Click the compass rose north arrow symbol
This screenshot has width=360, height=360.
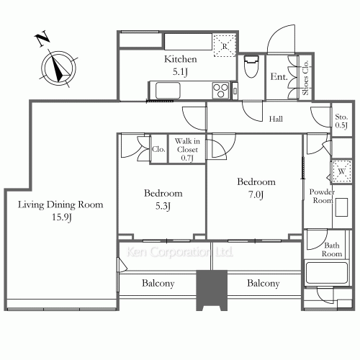click(x=58, y=68)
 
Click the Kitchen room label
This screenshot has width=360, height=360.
click(x=181, y=59)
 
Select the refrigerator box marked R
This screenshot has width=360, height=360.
click(x=225, y=45)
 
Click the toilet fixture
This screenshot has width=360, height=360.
click(x=251, y=66)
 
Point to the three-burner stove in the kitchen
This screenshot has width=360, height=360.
click(x=220, y=90)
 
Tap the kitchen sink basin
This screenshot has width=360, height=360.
click(x=168, y=90)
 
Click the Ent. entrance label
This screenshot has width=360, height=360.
click(x=279, y=77)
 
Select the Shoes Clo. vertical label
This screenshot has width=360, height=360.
click(x=305, y=78)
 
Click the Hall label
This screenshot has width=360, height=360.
click(x=276, y=119)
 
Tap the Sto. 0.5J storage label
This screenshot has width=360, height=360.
click(x=341, y=121)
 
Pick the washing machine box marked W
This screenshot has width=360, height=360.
click(x=342, y=171)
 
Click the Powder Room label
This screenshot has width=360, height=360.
click(x=322, y=196)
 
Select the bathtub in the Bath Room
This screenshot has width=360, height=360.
click(x=327, y=273)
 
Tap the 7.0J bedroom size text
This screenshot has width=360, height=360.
click(x=256, y=194)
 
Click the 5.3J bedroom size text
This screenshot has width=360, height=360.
click(x=163, y=206)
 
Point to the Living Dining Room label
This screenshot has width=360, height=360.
click(x=60, y=204)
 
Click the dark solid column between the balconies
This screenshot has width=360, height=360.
click(x=212, y=290)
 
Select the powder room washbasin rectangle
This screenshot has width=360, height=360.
click(x=341, y=207)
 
